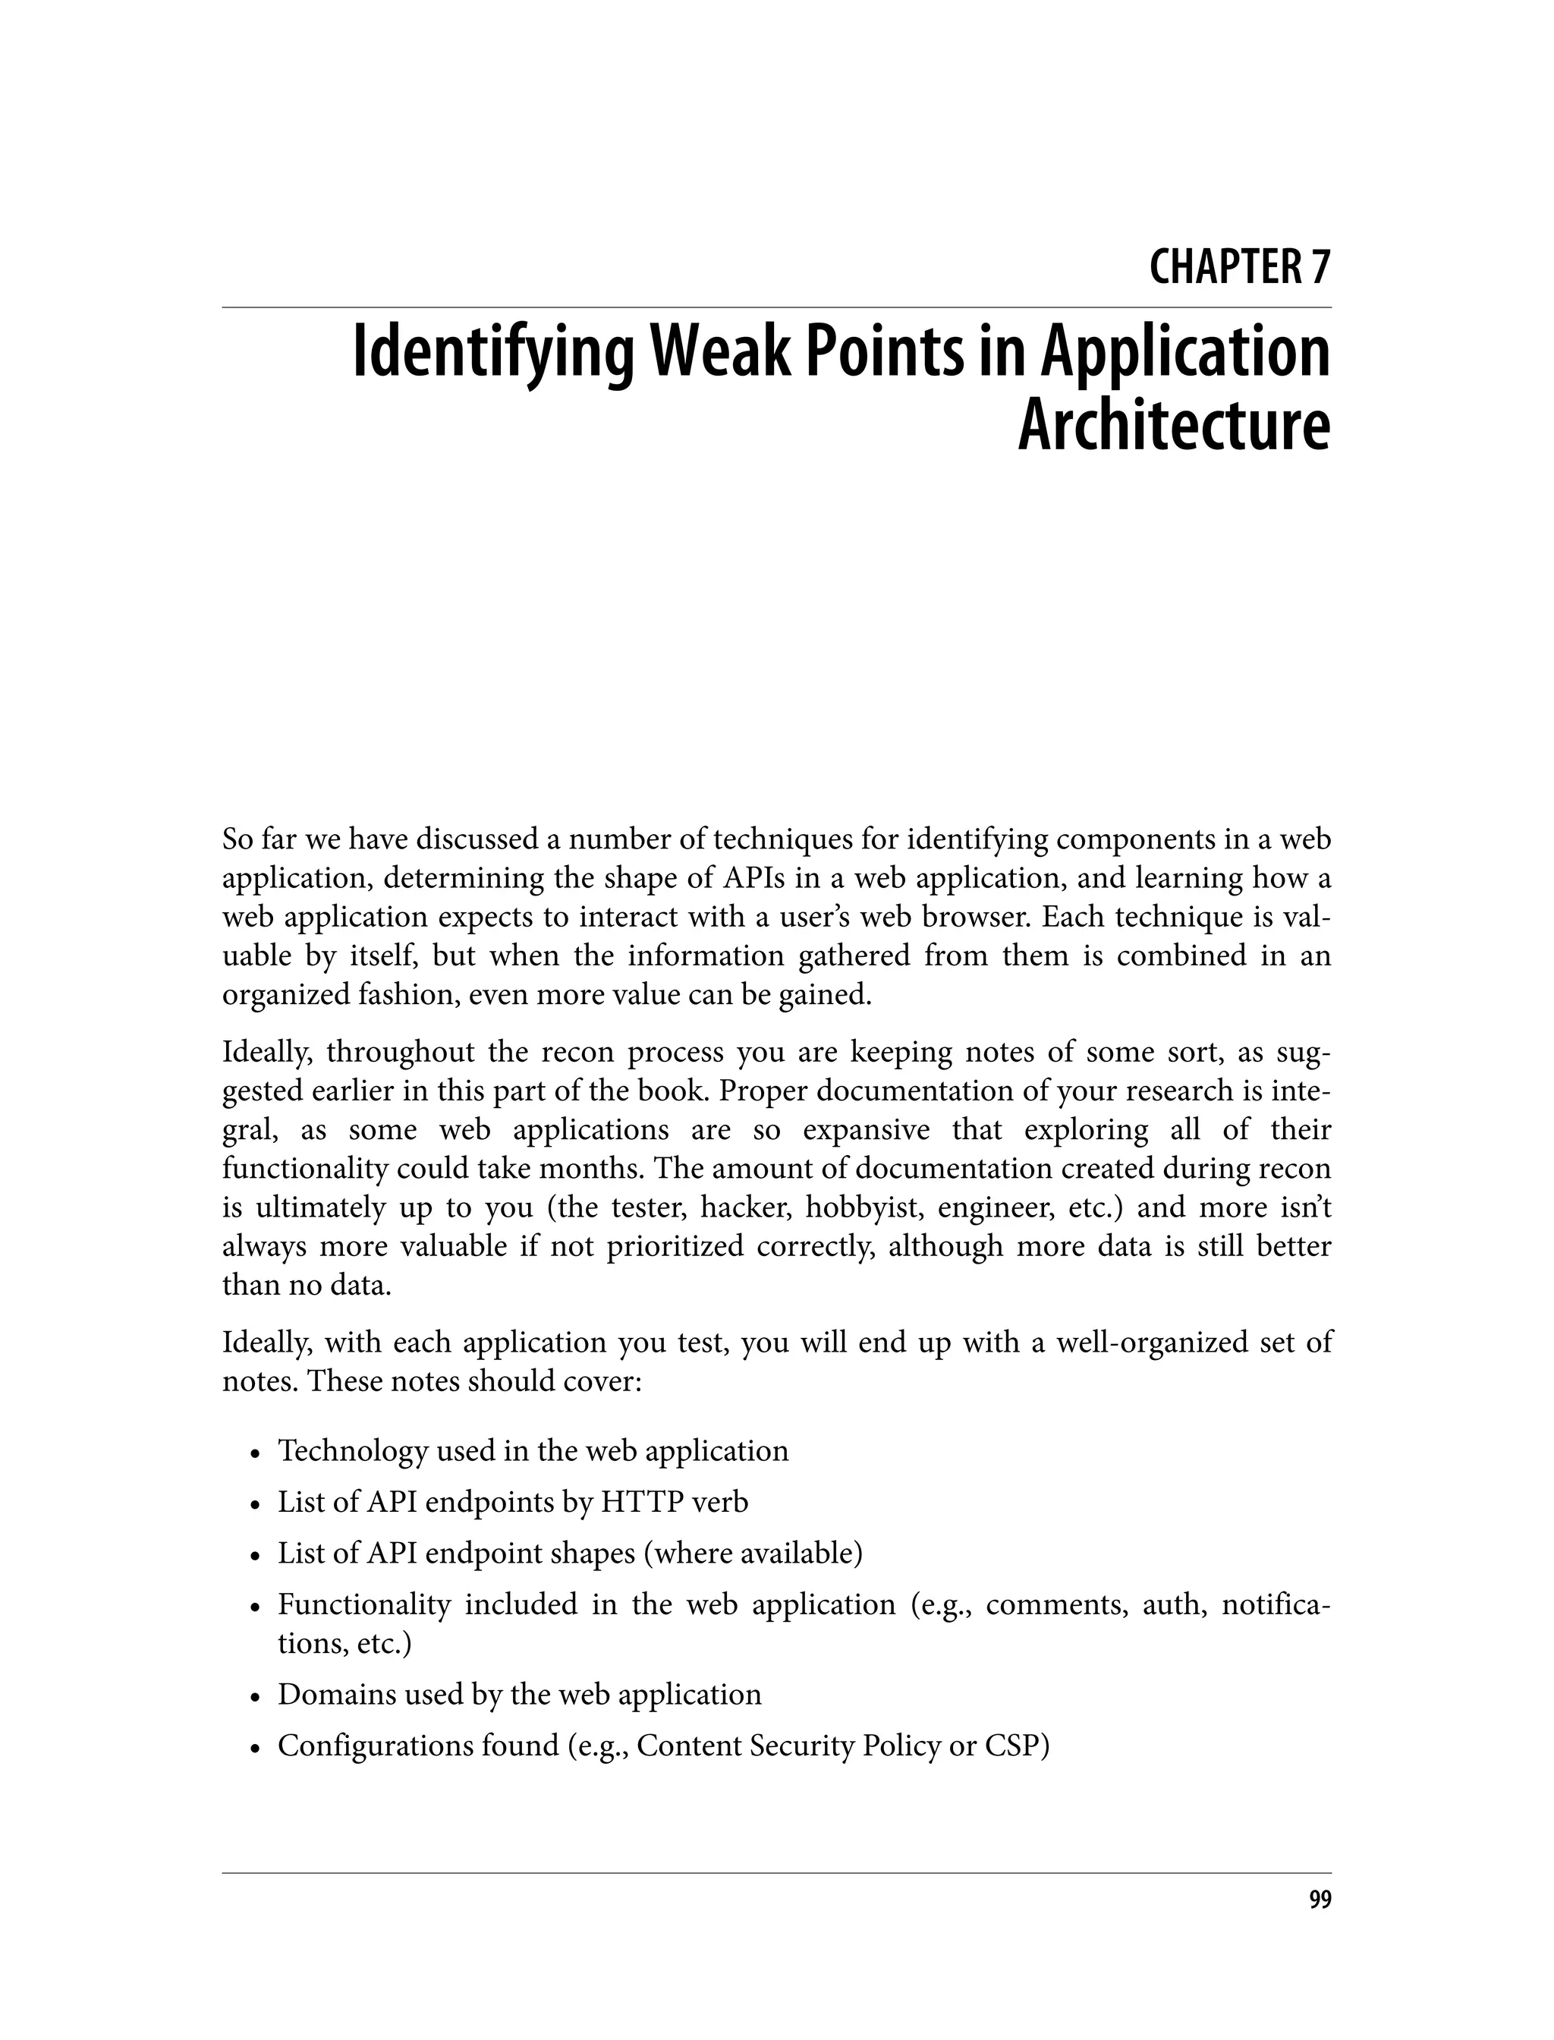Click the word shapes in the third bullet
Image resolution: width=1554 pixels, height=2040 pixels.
click(592, 1553)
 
